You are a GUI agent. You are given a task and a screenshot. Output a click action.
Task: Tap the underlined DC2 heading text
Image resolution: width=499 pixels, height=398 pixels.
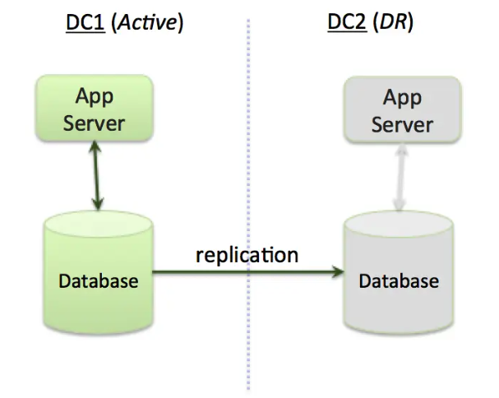[x=345, y=22]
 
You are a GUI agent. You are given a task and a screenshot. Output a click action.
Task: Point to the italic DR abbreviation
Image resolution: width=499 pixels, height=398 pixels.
[x=395, y=22]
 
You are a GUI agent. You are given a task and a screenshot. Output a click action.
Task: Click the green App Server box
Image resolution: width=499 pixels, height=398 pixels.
[x=94, y=109]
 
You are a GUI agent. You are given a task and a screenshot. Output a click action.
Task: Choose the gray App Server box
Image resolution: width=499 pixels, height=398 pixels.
[x=401, y=111]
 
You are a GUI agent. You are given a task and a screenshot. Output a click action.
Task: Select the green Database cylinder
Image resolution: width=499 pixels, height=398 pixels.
[x=99, y=271]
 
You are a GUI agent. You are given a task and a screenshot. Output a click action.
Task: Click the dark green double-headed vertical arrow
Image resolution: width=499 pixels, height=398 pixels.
[x=97, y=178]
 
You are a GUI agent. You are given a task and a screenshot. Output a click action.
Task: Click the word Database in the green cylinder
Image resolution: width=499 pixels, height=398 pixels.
[x=99, y=281]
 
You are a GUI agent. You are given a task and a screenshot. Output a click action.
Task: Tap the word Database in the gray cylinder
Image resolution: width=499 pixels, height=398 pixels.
[x=399, y=281]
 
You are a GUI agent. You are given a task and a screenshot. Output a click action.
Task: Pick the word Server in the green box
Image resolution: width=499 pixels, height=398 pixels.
[x=94, y=123]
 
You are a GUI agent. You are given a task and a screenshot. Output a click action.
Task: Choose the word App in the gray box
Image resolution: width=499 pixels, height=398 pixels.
[x=401, y=98]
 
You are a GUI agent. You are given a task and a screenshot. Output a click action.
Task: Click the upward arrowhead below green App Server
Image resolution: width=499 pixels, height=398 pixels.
[x=97, y=153]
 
